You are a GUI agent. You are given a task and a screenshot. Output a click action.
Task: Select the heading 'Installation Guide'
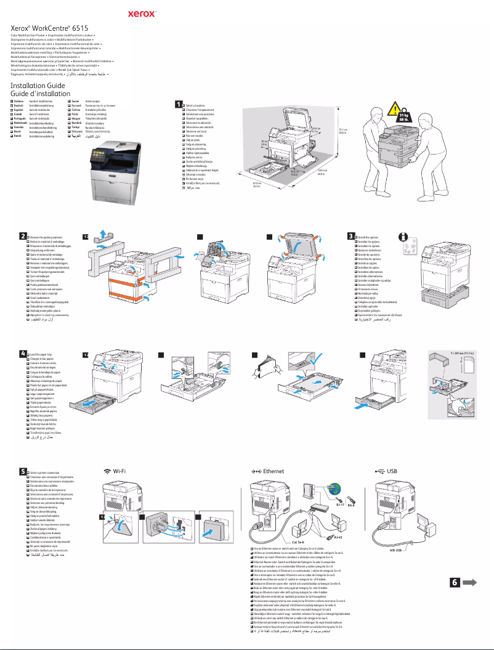tap(38, 85)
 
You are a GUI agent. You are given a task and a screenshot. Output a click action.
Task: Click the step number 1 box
tap(179, 104)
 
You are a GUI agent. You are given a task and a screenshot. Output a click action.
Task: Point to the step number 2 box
tap(22, 236)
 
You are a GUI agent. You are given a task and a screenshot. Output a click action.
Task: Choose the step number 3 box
tap(351, 236)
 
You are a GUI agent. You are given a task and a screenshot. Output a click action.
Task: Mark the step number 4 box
tap(22, 354)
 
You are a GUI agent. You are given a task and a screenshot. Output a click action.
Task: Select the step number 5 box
tap(22, 471)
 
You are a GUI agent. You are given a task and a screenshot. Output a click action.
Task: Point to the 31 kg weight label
tap(403, 117)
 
